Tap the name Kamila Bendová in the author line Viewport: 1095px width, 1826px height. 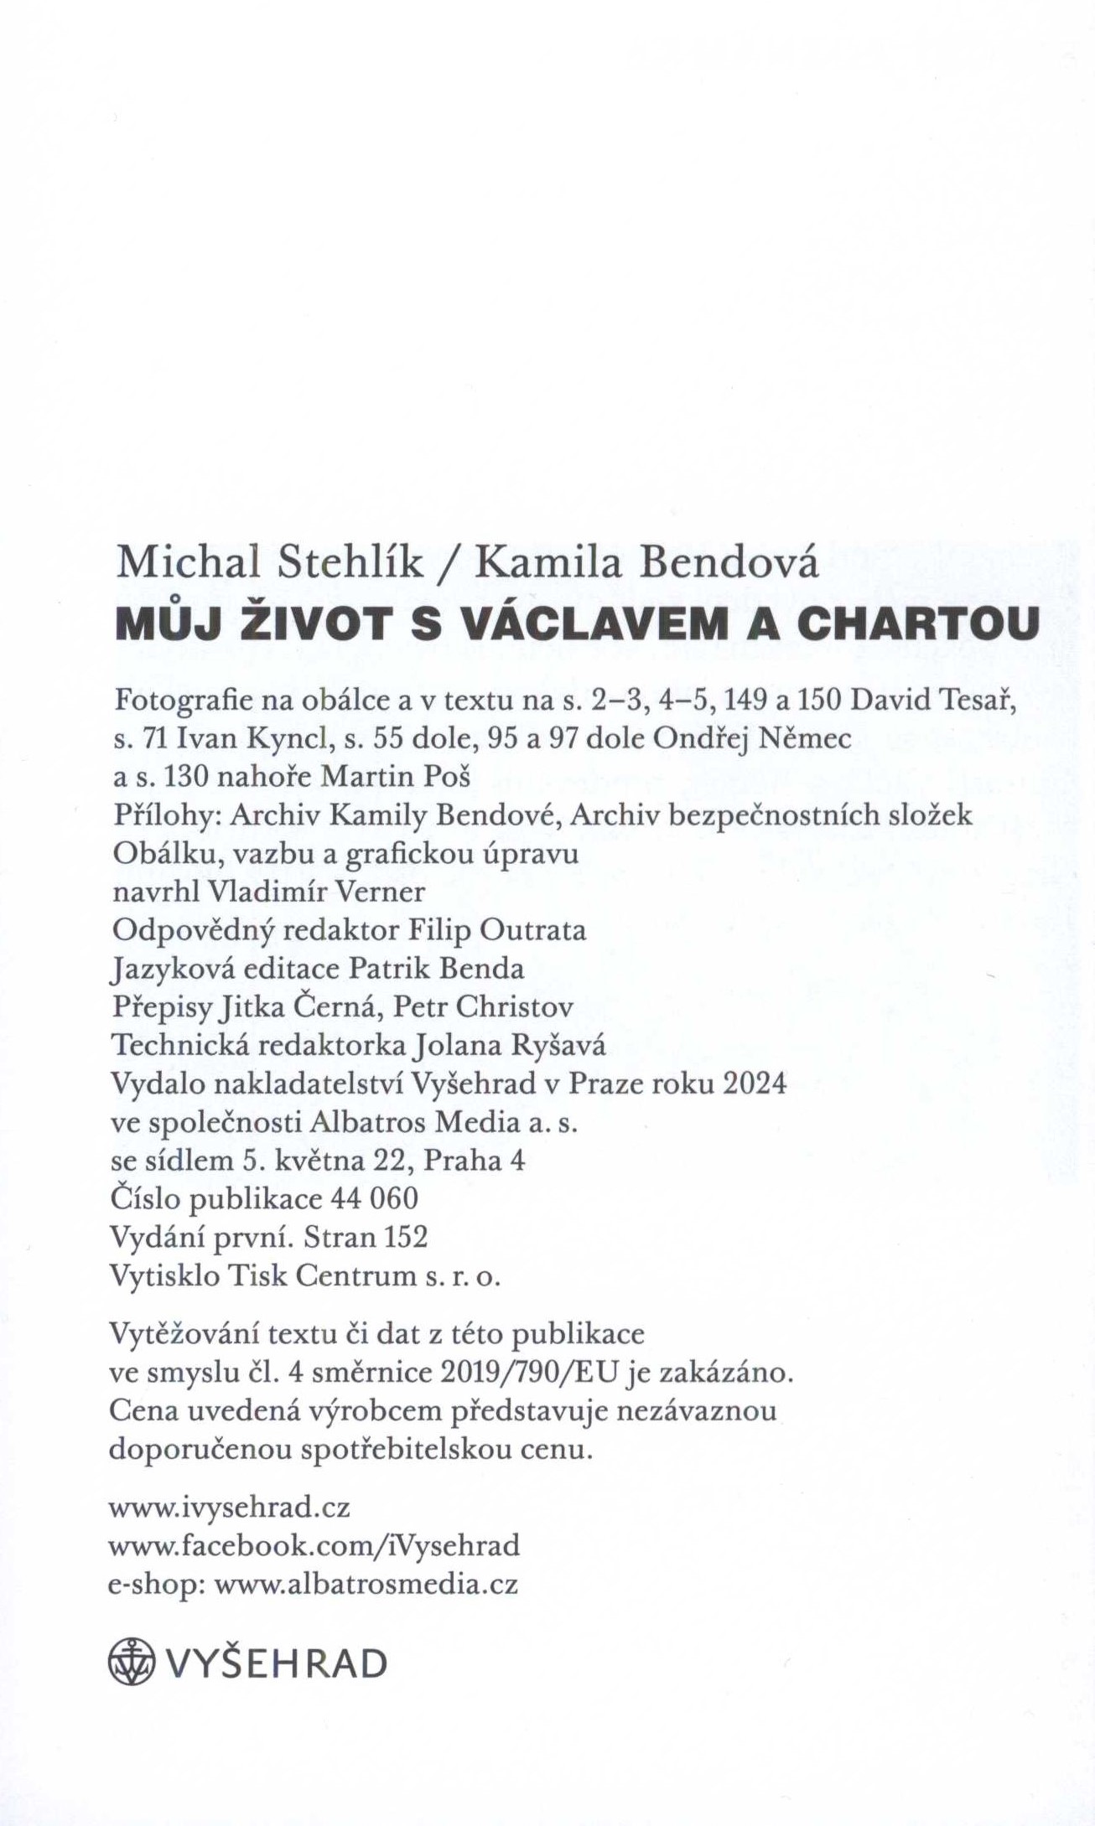646,563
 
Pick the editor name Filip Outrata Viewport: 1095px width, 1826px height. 496,930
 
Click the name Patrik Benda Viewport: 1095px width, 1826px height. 436,969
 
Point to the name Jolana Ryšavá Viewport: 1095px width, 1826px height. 510,1045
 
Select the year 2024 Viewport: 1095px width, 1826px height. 755,1084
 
